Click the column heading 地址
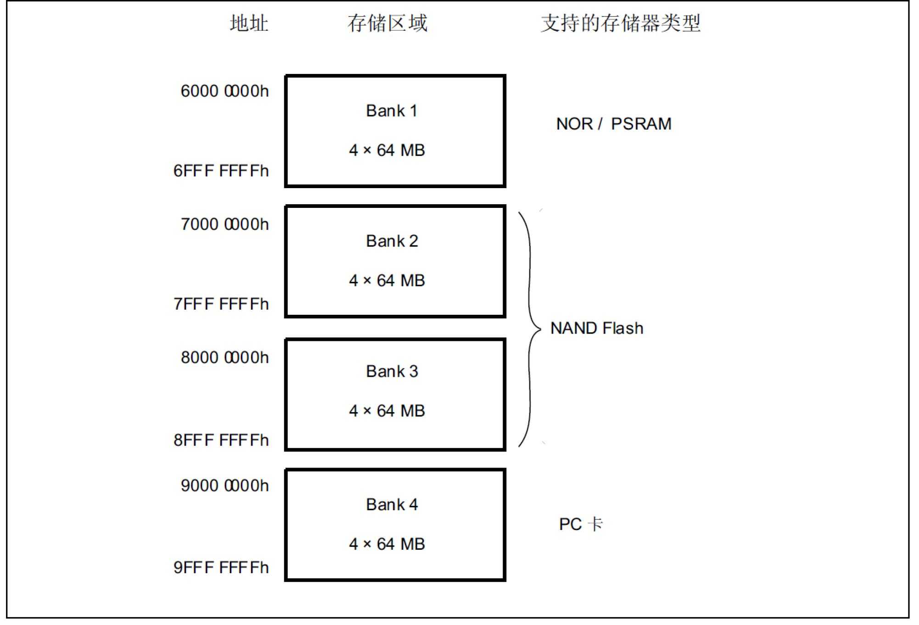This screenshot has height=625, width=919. tap(249, 23)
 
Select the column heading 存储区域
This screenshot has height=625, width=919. tap(387, 23)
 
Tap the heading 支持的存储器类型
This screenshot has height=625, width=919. tap(621, 23)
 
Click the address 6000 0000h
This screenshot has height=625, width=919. tap(224, 91)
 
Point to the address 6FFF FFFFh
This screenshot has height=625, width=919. tap(221, 171)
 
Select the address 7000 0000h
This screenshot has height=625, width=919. tap(224, 224)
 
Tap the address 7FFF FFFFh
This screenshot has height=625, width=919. tap(221, 304)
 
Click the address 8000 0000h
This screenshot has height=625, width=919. tap(224, 357)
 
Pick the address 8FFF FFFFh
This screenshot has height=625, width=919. tap(221, 440)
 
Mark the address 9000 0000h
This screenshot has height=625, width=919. tap(224, 485)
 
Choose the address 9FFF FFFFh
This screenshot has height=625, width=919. tap(221, 568)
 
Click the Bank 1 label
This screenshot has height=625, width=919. tap(392, 111)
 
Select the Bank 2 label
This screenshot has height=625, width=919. tap(392, 241)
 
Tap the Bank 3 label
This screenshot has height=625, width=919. tap(392, 372)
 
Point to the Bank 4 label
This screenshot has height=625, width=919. tap(392, 505)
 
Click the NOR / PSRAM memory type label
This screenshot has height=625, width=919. tap(614, 124)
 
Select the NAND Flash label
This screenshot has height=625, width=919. tap(597, 328)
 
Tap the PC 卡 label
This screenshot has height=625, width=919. tap(581, 524)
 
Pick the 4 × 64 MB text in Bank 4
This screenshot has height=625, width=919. tap(387, 544)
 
